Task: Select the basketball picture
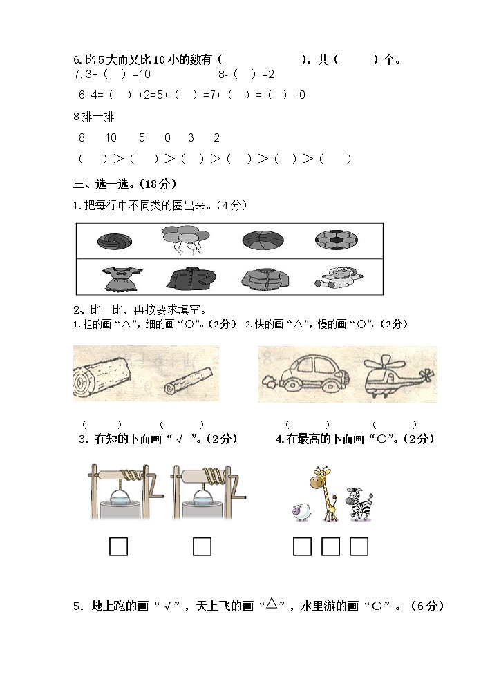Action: tap(263, 240)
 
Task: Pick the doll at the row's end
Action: tap(336, 278)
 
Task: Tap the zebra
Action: tap(357, 503)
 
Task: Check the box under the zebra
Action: tap(359, 546)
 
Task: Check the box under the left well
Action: tap(119, 546)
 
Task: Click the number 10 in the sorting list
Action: tap(111, 137)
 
